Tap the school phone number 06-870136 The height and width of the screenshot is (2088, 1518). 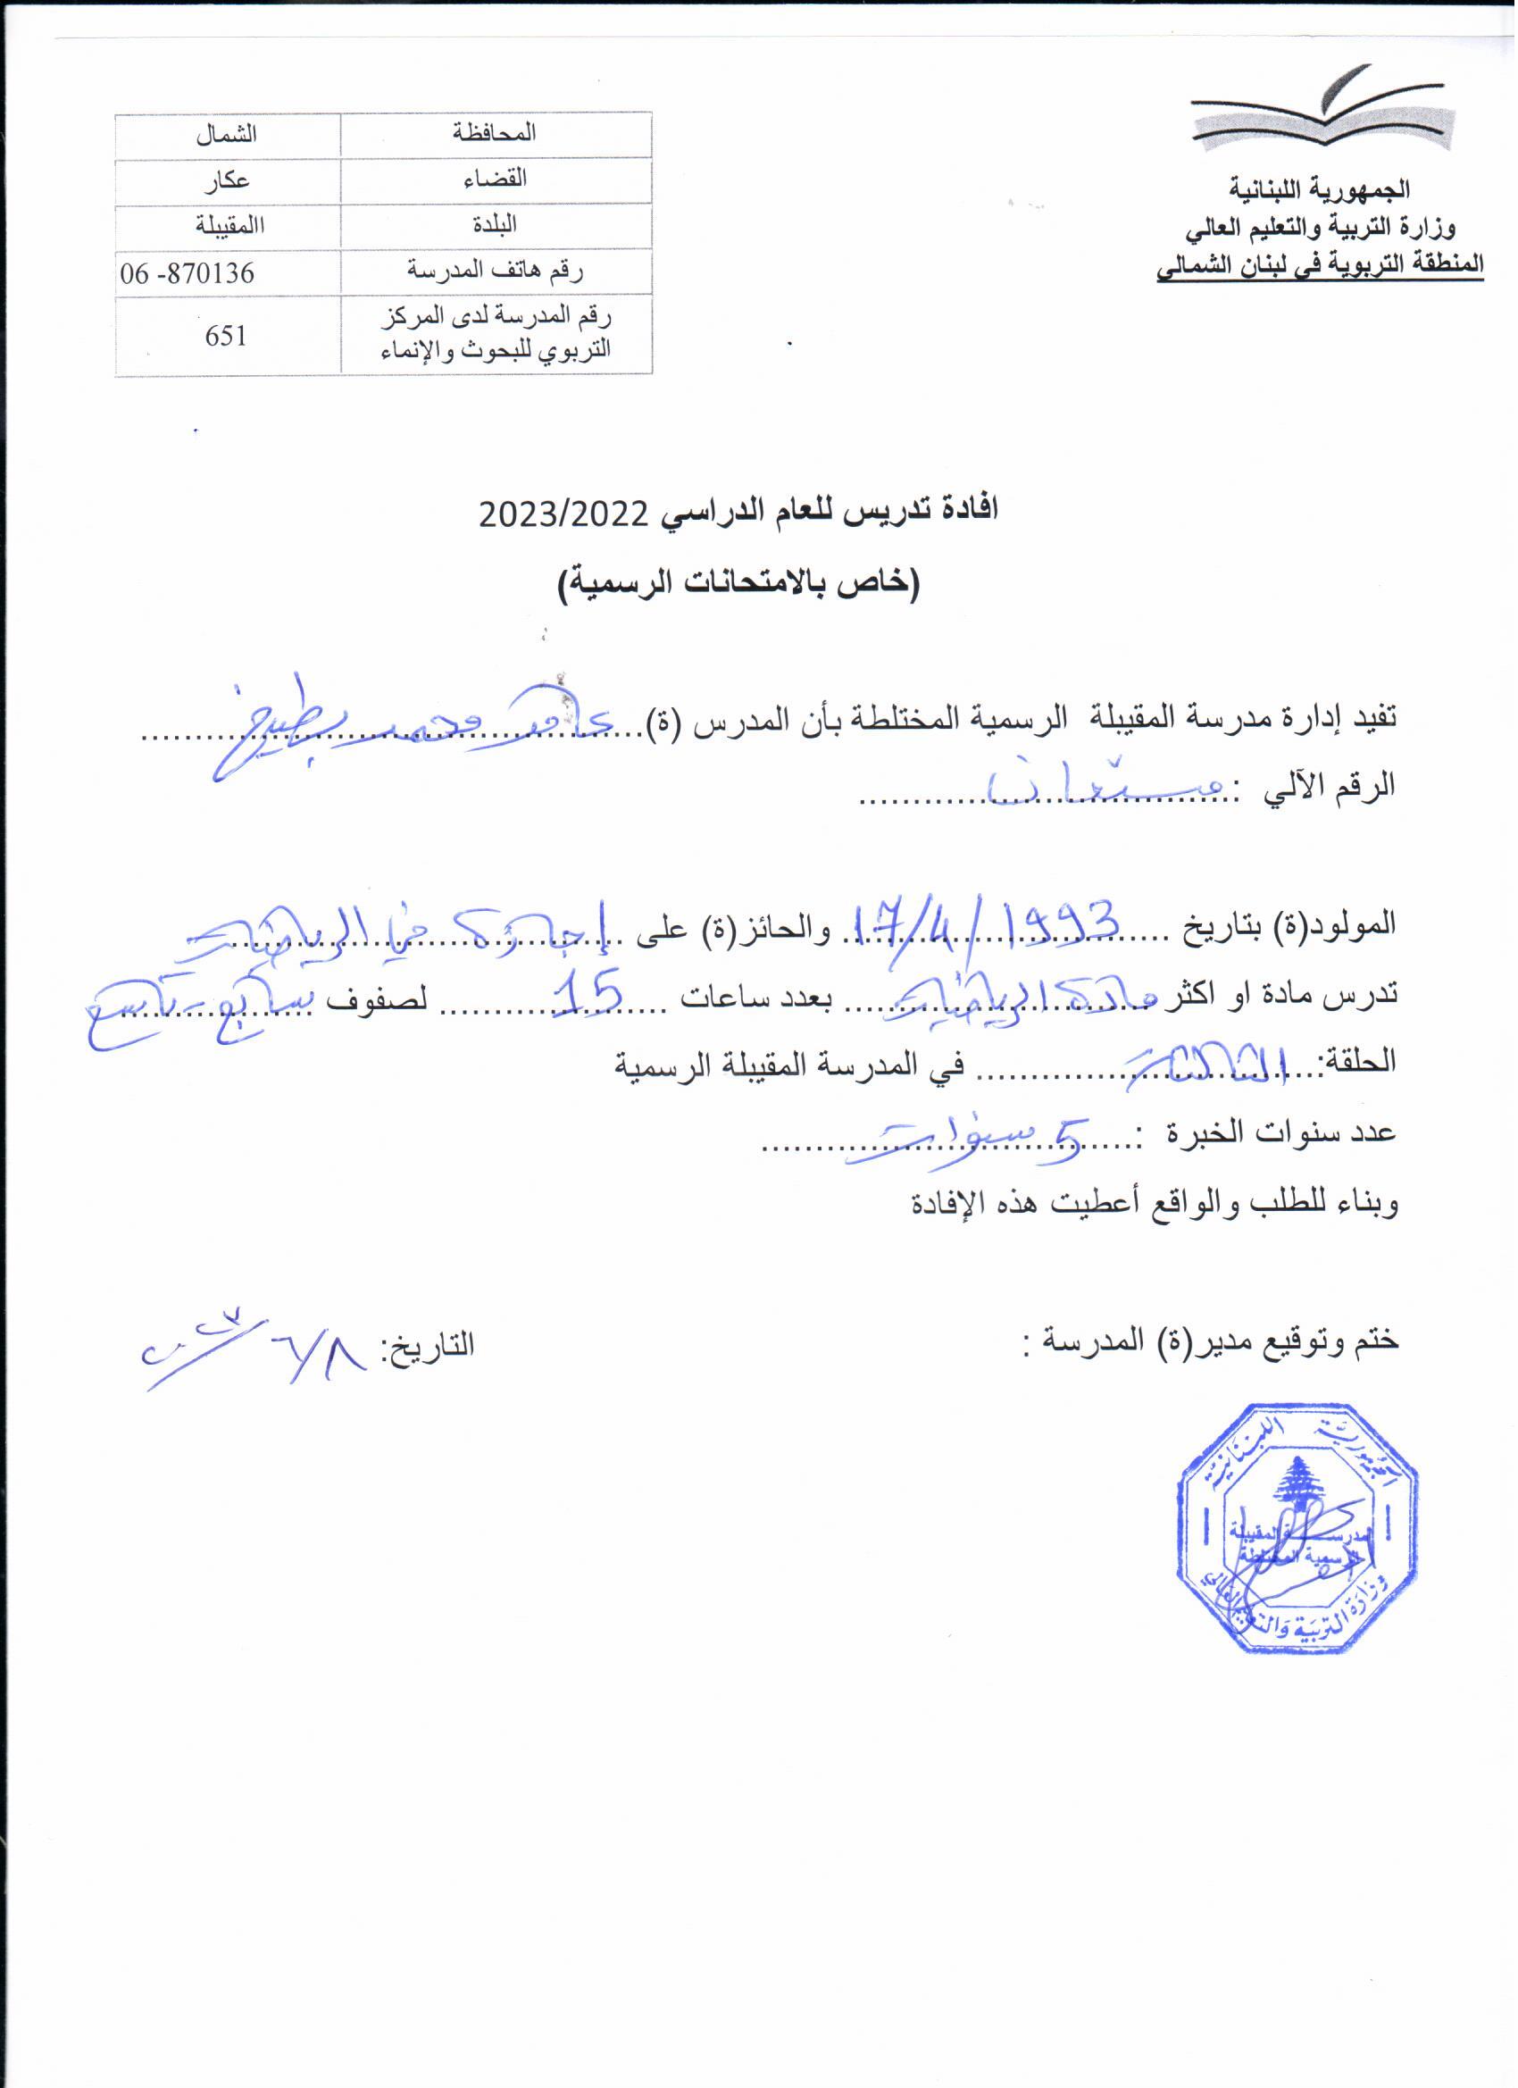click(x=188, y=273)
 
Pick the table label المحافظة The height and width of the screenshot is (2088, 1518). click(x=496, y=133)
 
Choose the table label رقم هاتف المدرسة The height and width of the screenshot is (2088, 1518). click(x=496, y=272)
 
